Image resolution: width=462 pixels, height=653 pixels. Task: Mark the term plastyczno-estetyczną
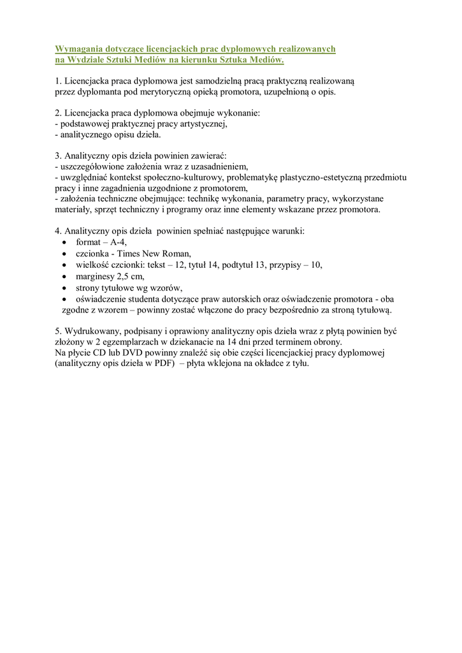pyautogui.click(x=319, y=177)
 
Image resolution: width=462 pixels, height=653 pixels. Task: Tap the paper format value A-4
pyautogui.click(x=118, y=242)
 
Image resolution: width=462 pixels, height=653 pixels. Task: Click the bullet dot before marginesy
pyautogui.click(x=65, y=276)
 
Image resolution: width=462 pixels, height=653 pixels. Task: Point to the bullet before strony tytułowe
pyautogui.click(x=65, y=288)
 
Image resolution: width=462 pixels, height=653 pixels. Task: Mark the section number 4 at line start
pyautogui.click(x=58, y=230)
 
